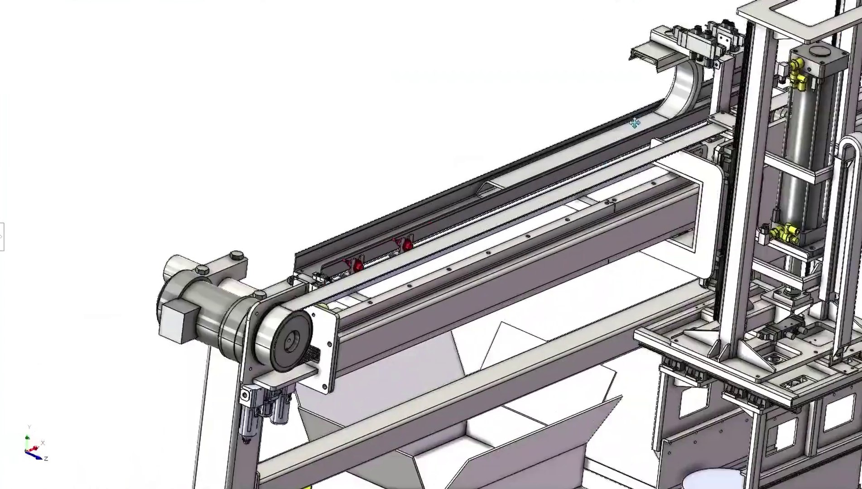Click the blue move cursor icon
[x=635, y=123]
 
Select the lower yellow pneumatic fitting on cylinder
[x=787, y=232]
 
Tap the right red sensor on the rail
[x=407, y=244]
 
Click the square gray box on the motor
[x=180, y=321]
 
